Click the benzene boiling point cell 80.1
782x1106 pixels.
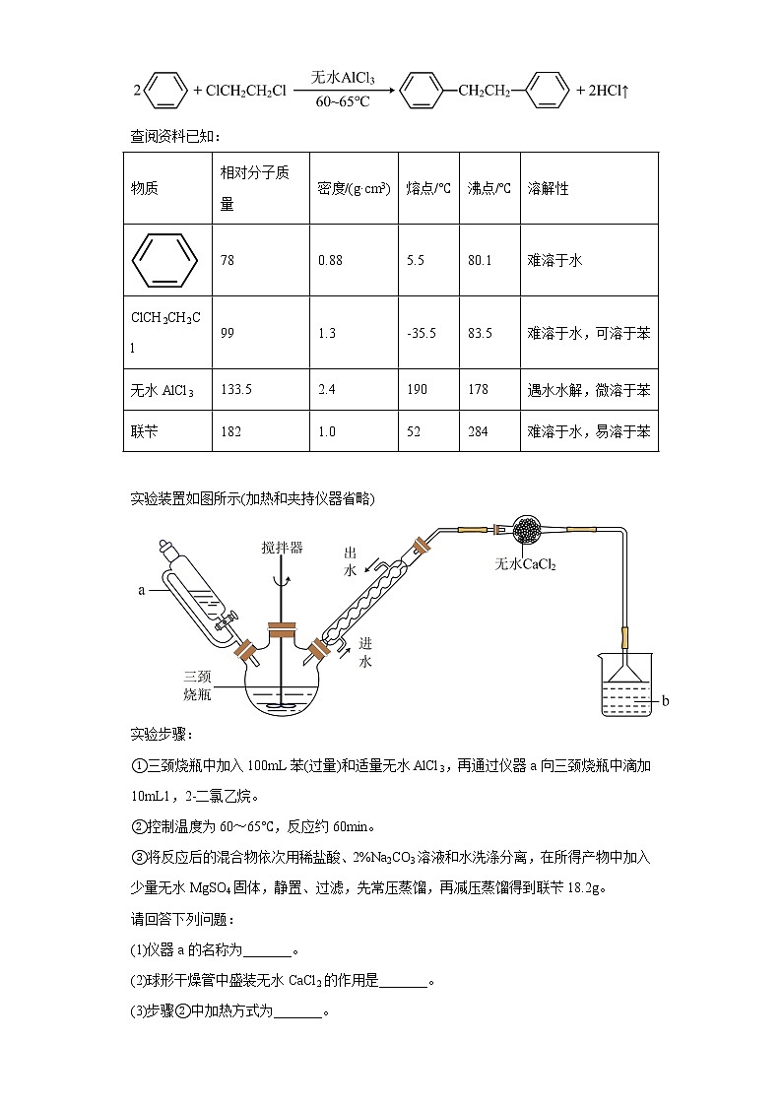point(480,261)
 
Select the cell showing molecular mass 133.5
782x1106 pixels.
point(236,390)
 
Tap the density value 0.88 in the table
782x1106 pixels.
point(330,261)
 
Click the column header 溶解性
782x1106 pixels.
point(549,188)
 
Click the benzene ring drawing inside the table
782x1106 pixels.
point(160,260)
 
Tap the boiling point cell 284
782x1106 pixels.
point(478,431)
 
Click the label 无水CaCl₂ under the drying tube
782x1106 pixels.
point(525,564)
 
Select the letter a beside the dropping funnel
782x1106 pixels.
point(142,592)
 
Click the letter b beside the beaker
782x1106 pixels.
point(665,701)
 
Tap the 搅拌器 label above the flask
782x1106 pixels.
point(283,548)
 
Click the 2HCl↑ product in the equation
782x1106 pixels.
point(609,92)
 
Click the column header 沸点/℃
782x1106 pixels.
point(489,188)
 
